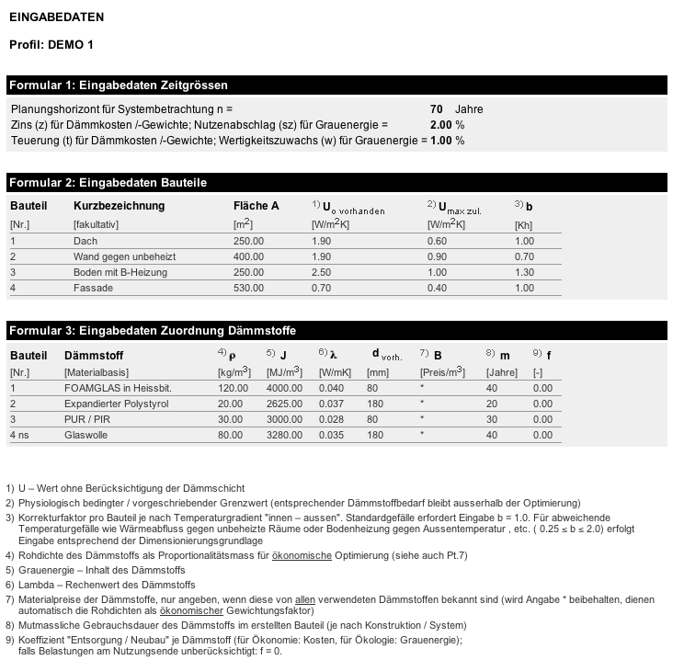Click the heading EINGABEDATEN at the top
click(56, 17)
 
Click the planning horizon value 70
click(436, 109)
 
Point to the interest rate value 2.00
click(441, 125)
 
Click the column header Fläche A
click(256, 206)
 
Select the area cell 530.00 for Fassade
click(248, 288)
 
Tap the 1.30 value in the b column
click(524, 272)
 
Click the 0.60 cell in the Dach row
click(437, 241)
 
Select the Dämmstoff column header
click(94, 355)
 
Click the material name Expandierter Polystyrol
click(118, 404)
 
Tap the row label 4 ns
click(20, 435)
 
